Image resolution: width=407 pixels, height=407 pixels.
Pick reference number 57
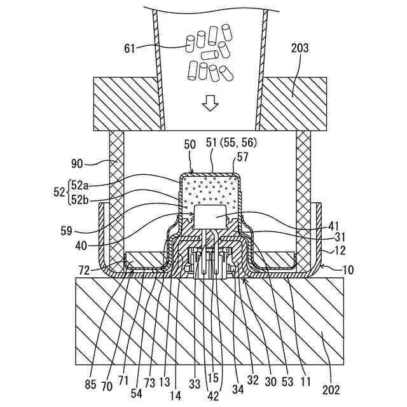242,156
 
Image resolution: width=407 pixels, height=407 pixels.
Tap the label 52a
80,185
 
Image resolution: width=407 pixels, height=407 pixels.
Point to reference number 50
190,145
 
